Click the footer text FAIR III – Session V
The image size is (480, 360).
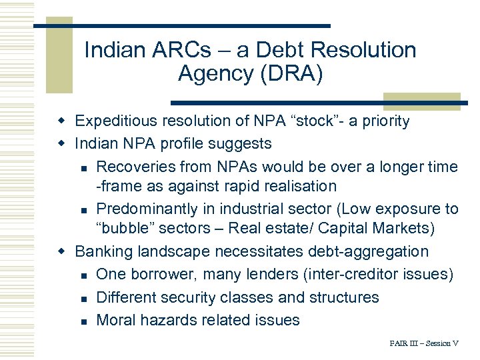(x=424, y=344)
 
